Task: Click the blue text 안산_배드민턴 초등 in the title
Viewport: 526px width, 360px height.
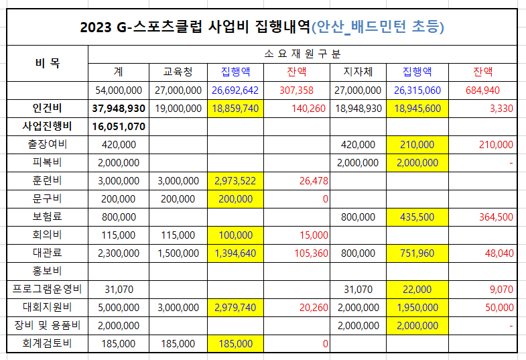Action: (379, 27)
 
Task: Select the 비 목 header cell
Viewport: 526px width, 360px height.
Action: (47, 63)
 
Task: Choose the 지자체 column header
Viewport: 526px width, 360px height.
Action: (358, 72)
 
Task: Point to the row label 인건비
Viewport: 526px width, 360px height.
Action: (47, 107)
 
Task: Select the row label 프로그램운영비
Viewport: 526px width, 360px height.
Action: (47, 289)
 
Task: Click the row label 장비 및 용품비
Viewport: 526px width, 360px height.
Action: (47, 325)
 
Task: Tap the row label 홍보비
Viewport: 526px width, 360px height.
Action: (47, 271)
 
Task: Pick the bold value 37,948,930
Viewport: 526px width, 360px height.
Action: (118, 108)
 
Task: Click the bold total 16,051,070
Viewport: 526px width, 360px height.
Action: (118, 126)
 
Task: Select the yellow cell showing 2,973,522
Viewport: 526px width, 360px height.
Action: (235, 180)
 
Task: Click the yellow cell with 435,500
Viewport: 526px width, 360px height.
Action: (416, 217)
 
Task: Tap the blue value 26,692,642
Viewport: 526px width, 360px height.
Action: (235, 90)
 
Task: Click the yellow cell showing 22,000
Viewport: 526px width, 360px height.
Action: (416, 289)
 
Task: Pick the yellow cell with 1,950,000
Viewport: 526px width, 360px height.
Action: (416, 307)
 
